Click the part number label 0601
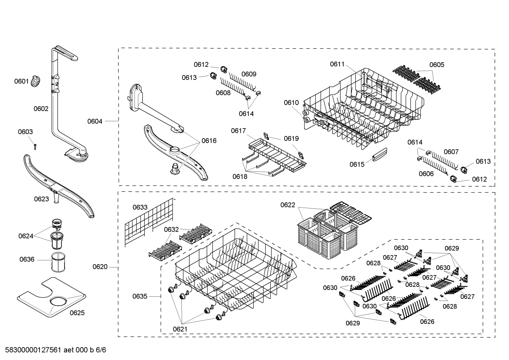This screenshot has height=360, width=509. pyautogui.click(x=21, y=82)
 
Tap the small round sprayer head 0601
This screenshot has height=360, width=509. pyautogui.click(x=36, y=82)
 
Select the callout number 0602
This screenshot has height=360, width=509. pyautogui.click(x=41, y=109)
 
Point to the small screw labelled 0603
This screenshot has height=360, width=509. pyautogui.click(x=35, y=146)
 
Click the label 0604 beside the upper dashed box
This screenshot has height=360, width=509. pyautogui.click(x=95, y=122)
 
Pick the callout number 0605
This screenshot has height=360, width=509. pyautogui.click(x=437, y=65)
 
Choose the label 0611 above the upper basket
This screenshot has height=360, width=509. pyautogui.click(x=337, y=64)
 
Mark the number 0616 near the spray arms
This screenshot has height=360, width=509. pyautogui.click(x=209, y=141)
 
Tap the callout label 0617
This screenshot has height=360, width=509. pyautogui.click(x=238, y=131)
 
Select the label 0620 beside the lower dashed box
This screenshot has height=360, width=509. pyautogui.click(x=100, y=267)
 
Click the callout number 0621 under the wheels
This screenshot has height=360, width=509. pyautogui.click(x=180, y=329)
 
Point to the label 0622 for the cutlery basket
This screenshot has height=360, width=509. pyautogui.click(x=288, y=205)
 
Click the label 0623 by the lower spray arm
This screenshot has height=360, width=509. pyautogui.click(x=41, y=199)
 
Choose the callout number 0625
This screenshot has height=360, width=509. pyautogui.click(x=77, y=313)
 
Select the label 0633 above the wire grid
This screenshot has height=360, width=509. pyautogui.click(x=140, y=207)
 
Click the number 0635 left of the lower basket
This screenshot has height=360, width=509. pyautogui.click(x=140, y=296)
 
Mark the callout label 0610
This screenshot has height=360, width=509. pyautogui.click(x=291, y=103)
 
